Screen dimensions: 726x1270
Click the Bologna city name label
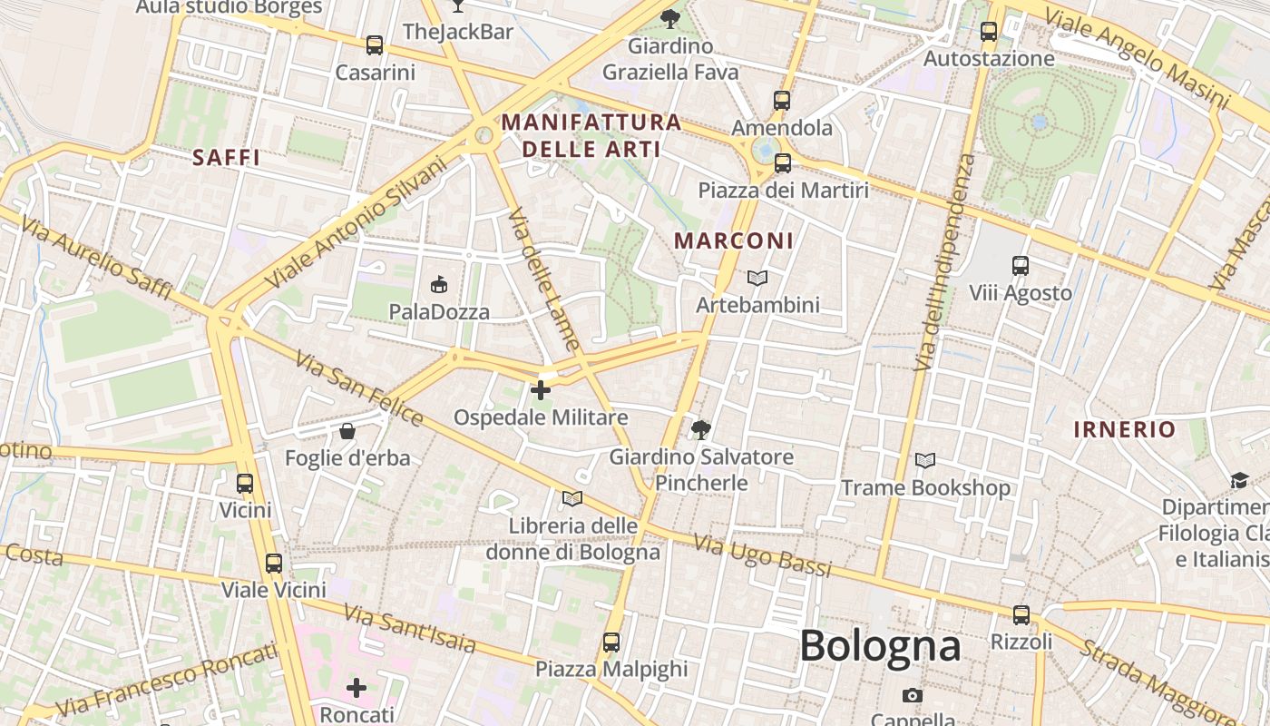[x=879, y=646]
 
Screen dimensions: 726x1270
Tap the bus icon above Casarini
[x=374, y=44]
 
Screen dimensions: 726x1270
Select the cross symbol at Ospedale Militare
[x=541, y=390]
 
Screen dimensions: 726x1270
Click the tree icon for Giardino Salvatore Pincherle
[x=699, y=429]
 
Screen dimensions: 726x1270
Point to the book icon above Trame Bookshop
[x=925, y=461]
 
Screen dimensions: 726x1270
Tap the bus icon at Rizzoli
[x=1021, y=615]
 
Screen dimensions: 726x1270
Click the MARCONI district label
[x=735, y=240]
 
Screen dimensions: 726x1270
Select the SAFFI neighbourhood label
[x=227, y=158]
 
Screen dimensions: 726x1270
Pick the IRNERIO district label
[x=1125, y=429]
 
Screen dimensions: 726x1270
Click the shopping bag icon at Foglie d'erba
[x=347, y=431]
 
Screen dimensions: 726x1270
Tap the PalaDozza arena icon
[x=439, y=285]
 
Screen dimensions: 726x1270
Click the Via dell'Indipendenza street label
[x=944, y=263]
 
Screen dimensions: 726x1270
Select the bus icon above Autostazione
[x=989, y=32]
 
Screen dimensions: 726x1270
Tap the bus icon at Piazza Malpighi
[x=611, y=643]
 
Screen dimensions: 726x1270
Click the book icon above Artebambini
[x=757, y=278]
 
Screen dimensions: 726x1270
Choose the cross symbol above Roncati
[x=357, y=688]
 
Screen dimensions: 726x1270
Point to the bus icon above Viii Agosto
[x=1021, y=266]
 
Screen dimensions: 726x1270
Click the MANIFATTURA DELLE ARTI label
[x=591, y=135]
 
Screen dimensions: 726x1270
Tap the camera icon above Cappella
[x=913, y=695]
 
